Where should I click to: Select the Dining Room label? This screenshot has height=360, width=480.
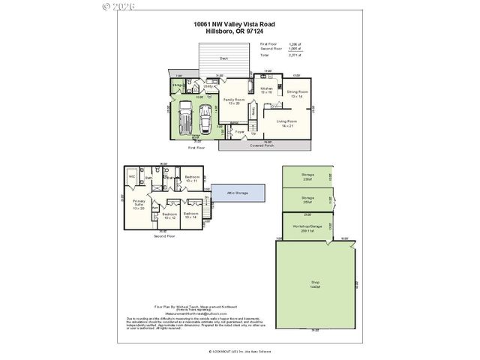298,93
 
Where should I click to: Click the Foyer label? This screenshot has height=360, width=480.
240,132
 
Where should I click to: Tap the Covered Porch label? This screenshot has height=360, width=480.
261,145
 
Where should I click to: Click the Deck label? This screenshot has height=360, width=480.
223,58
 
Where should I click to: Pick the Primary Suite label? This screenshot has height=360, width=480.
139,203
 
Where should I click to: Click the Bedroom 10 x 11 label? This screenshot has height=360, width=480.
191,179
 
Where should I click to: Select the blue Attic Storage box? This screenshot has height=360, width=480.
237,193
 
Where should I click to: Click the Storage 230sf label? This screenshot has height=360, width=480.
307,175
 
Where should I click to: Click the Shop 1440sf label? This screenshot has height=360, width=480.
315,285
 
